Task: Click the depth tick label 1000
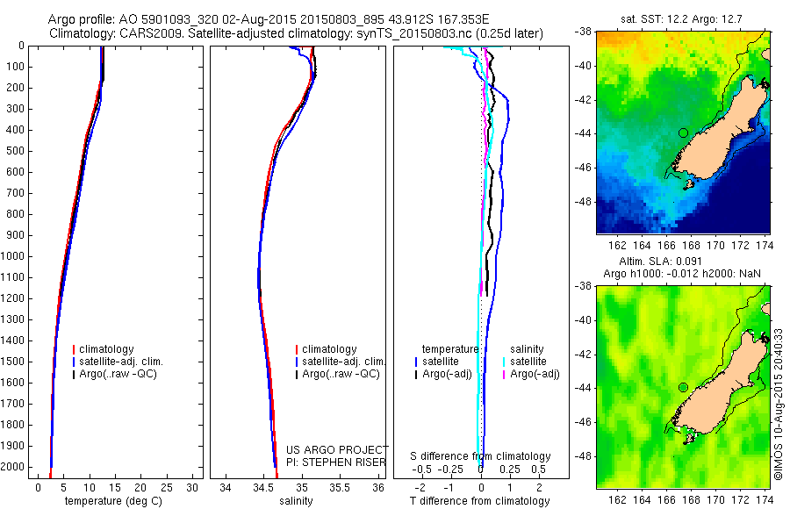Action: coord(16,256)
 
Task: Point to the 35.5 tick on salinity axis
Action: coord(341,486)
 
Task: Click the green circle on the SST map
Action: coord(683,133)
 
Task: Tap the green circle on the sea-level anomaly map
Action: coord(683,387)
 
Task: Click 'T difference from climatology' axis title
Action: coord(481,501)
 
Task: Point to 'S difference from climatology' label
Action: coord(481,456)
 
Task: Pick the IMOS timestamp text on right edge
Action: coord(778,403)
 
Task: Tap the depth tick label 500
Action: coord(18,151)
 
